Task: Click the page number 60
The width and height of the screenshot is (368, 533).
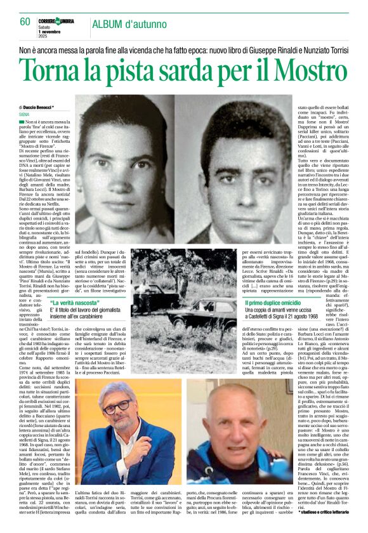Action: tap(25, 22)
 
